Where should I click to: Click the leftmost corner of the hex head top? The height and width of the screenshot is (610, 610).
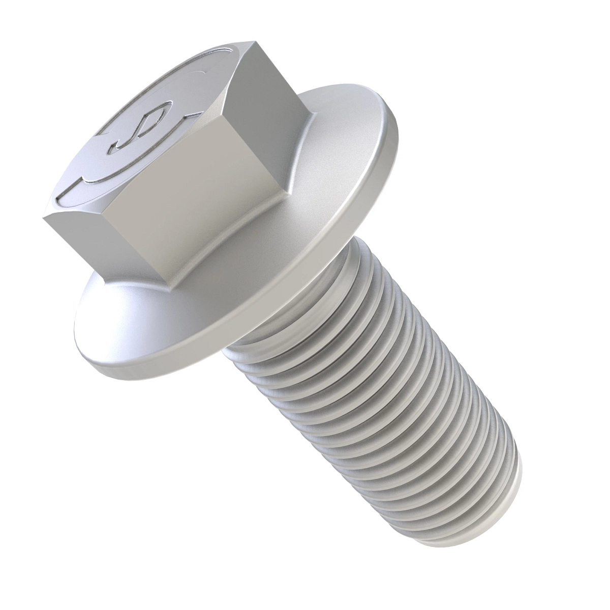(x=44, y=216)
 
